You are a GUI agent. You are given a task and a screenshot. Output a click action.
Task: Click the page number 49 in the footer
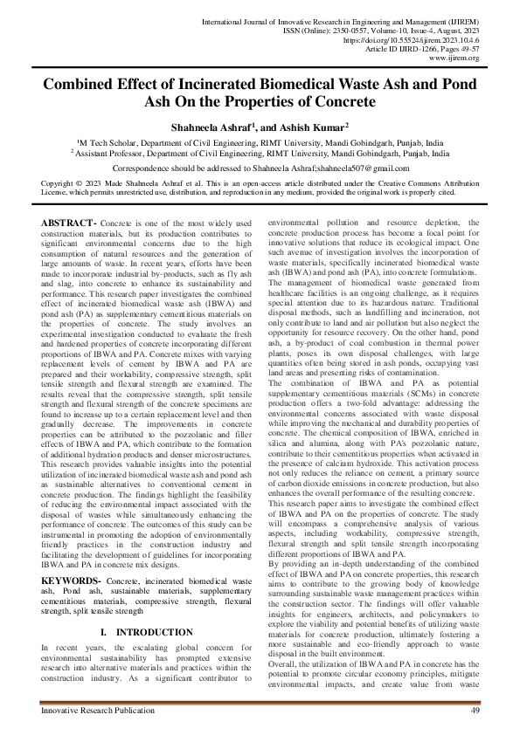point(475,712)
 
